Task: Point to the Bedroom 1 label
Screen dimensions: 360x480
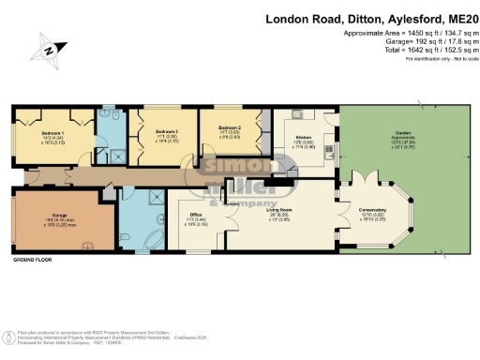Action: pyautogui.click(x=52, y=134)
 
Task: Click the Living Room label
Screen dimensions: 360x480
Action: pyautogui.click(x=282, y=210)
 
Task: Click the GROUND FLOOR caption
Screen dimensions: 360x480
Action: pyautogui.click(x=33, y=259)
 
